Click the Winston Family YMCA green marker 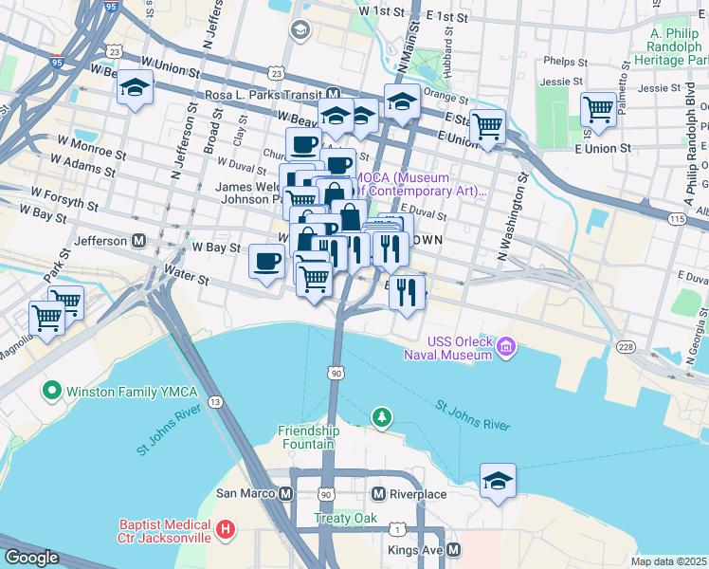[x=50, y=390]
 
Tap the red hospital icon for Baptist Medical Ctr [x=225, y=530]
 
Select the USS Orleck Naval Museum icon [x=506, y=348]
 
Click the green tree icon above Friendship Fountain [x=380, y=416]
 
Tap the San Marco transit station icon [x=285, y=493]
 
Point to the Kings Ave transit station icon [x=454, y=549]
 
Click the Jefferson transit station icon [x=138, y=241]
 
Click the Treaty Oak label [x=346, y=519]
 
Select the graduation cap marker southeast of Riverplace [x=498, y=480]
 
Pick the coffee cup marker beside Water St [x=267, y=261]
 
